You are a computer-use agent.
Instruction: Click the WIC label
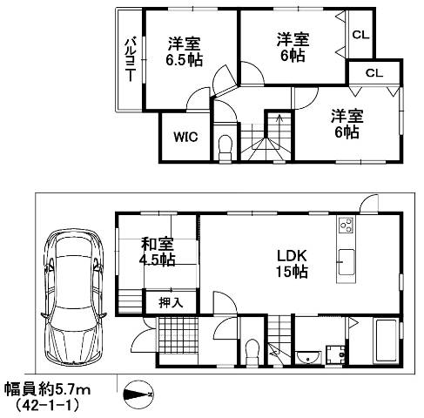point(184,137)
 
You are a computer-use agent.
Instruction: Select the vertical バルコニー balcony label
point(128,58)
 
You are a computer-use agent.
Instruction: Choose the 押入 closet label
point(171,302)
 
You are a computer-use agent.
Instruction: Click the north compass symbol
point(140,393)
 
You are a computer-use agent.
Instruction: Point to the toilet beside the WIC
point(225,145)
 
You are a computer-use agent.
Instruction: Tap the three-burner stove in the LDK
point(346,227)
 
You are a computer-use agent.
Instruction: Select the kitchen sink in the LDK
point(345,260)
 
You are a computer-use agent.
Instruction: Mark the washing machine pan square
point(336,355)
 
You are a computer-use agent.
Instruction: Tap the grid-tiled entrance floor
point(179,335)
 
